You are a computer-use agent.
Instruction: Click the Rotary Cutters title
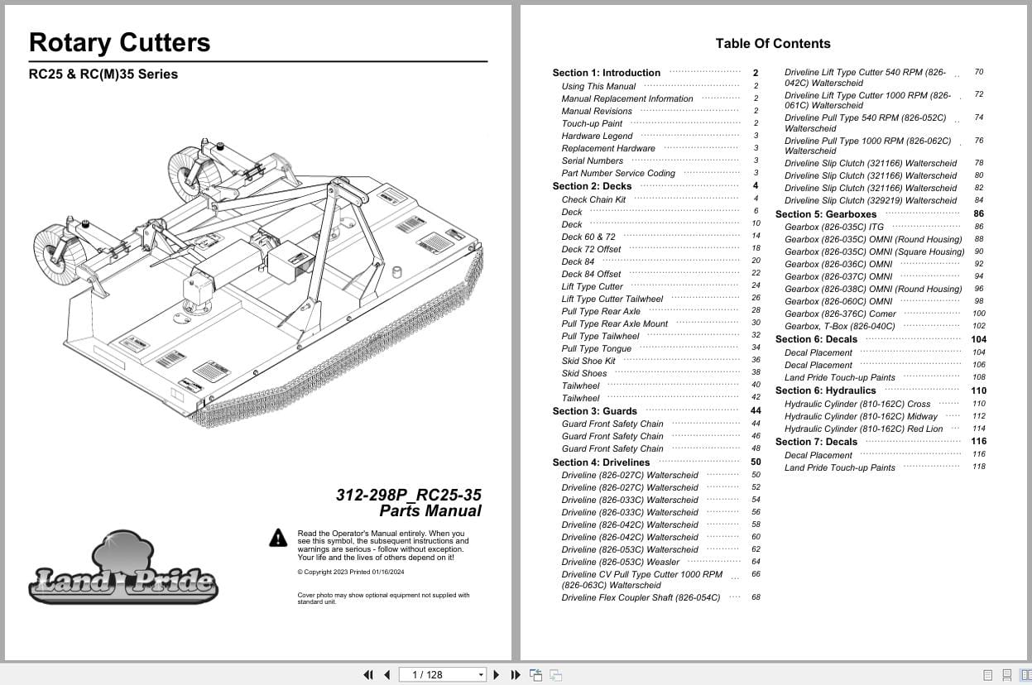[119, 43]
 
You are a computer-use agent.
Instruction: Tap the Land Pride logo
[123, 571]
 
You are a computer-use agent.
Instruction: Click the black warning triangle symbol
[278, 538]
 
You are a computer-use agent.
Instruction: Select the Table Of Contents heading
[772, 44]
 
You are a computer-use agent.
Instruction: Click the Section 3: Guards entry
[594, 411]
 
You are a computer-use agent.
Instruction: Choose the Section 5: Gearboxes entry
[825, 214]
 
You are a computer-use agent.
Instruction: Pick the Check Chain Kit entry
[593, 199]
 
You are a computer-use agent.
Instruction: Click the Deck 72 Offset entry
[591, 249]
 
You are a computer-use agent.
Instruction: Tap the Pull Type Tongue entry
[596, 348]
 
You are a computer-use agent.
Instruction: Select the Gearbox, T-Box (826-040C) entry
[839, 327]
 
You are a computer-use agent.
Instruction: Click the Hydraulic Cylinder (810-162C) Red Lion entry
[863, 429]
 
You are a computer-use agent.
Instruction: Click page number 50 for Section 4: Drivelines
[756, 462]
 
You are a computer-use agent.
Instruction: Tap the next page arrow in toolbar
[497, 675]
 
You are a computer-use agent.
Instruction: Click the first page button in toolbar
[368, 675]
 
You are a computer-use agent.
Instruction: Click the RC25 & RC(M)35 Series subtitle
[103, 74]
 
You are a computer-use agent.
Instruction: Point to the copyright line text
[350, 572]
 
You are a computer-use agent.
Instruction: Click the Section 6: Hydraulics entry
[825, 390]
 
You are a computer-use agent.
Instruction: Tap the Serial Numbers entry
[592, 161]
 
